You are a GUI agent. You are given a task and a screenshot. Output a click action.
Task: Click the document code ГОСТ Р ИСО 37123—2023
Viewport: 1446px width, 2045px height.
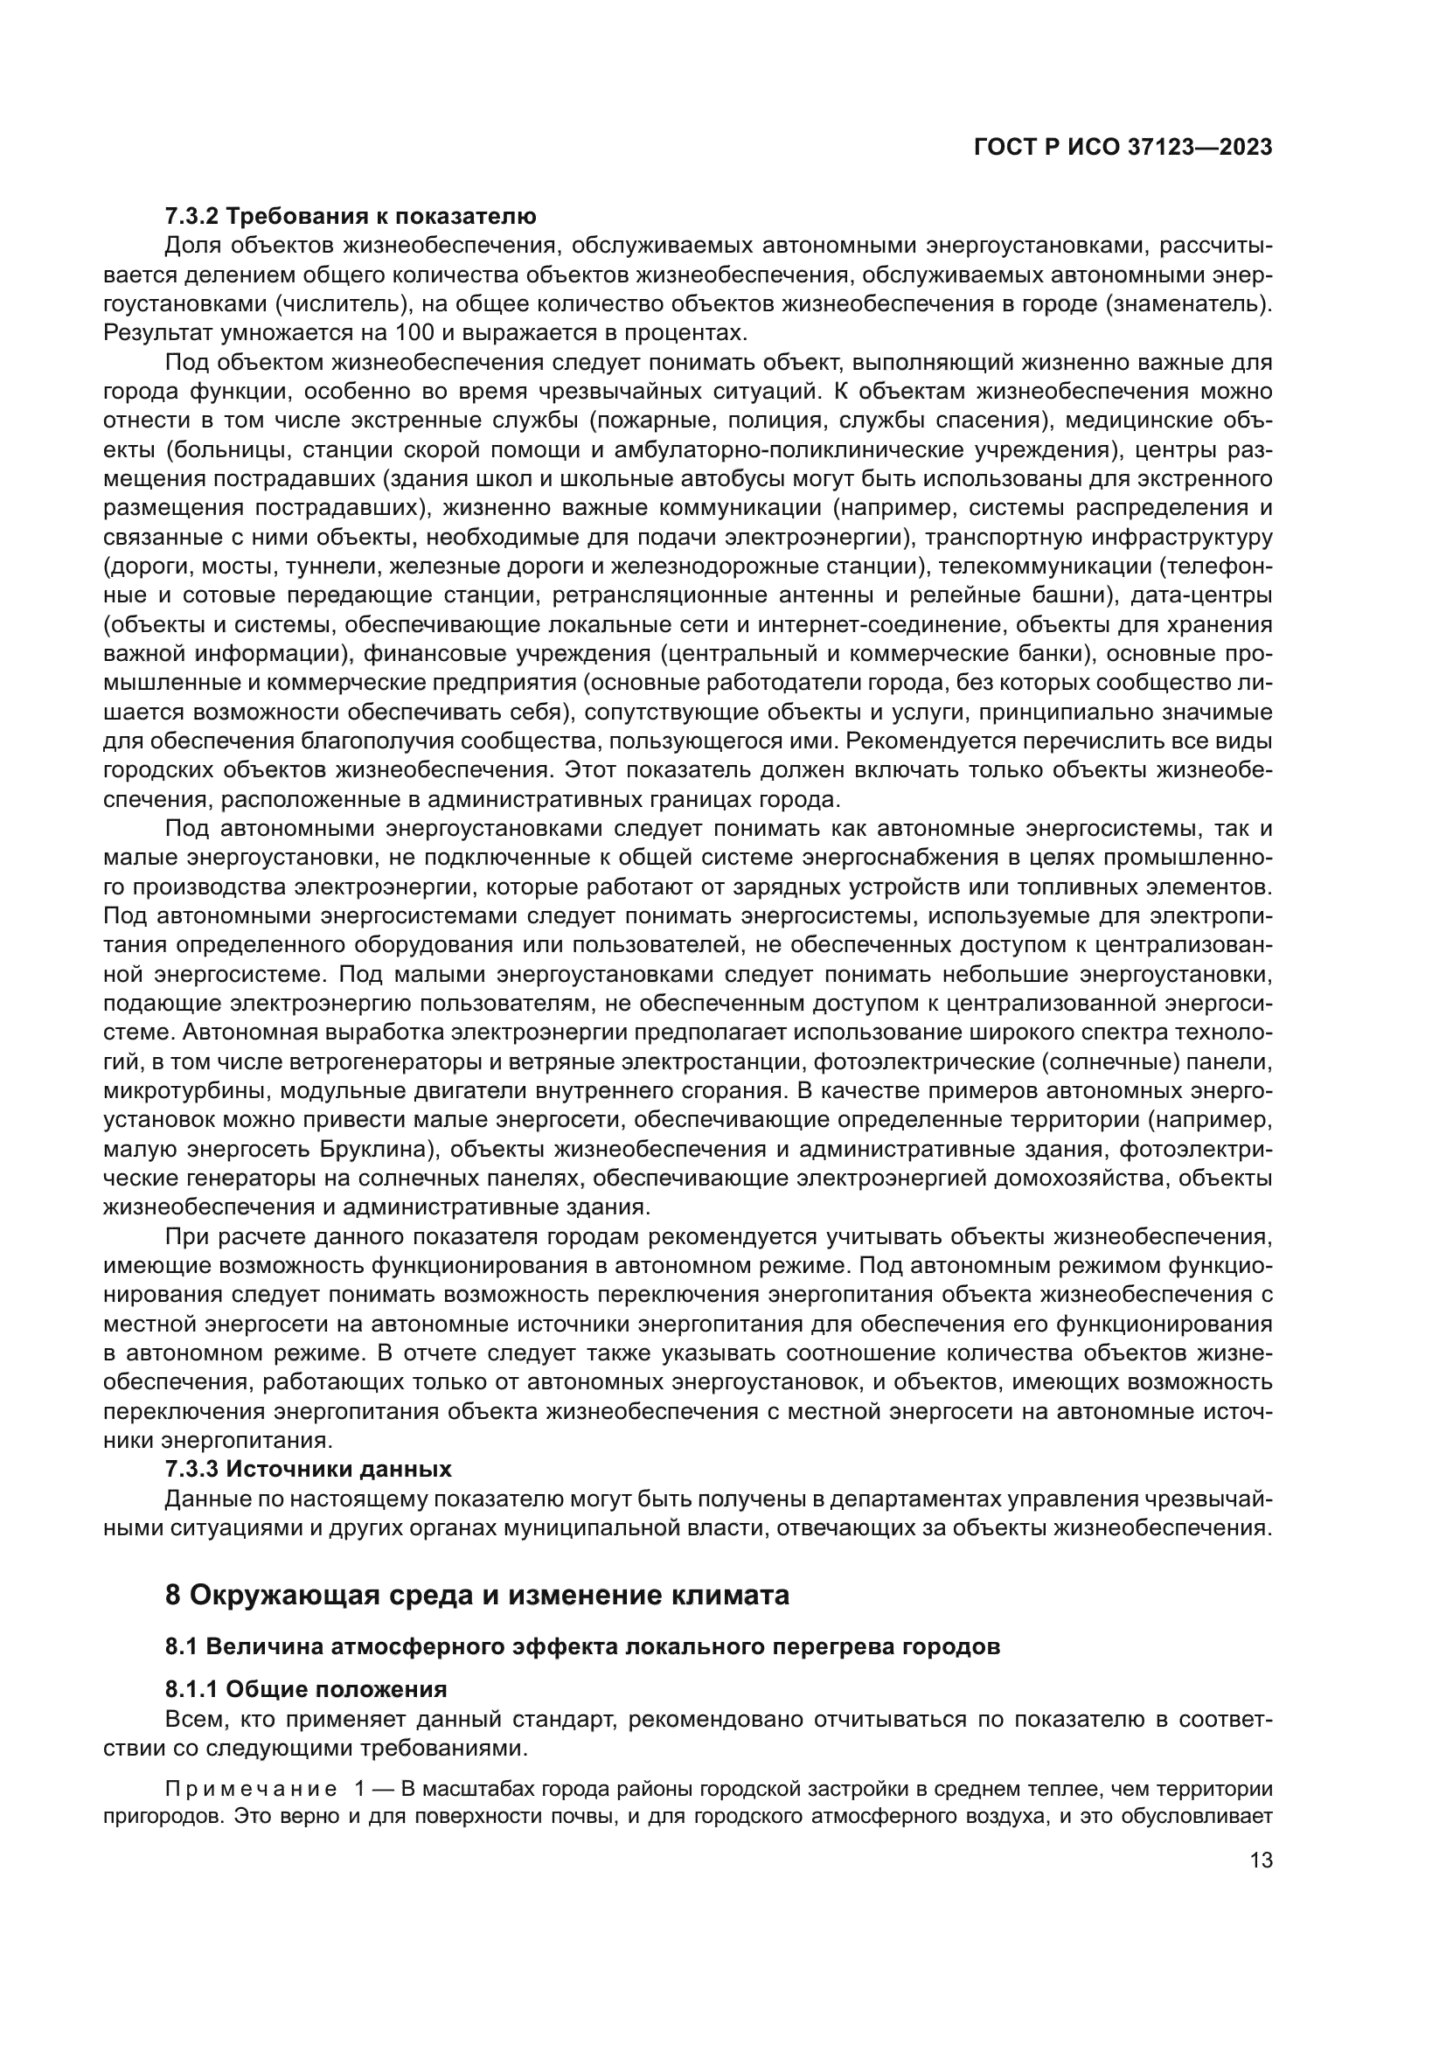pos(1123,147)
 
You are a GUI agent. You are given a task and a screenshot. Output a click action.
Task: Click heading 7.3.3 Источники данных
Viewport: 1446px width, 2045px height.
pos(308,1469)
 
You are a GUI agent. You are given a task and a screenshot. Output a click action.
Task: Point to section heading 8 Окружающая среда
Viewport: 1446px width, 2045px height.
pos(477,1596)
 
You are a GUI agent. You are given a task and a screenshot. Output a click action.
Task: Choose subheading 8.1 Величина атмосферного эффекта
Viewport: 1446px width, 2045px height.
pos(582,1646)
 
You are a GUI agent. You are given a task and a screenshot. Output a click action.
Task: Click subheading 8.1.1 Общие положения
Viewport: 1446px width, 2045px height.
pos(305,1689)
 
